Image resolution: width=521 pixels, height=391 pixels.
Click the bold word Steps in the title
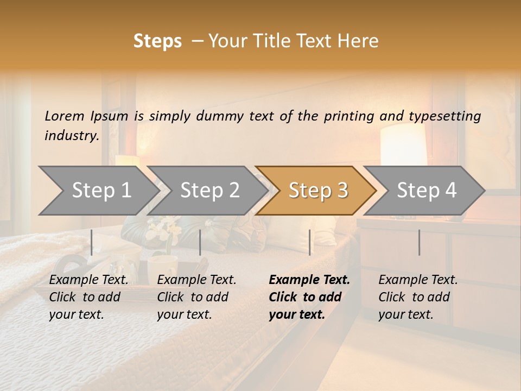(x=157, y=41)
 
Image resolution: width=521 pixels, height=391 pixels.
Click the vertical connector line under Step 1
(x=92, y=242)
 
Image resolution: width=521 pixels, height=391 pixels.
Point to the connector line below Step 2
(x=200, y=242)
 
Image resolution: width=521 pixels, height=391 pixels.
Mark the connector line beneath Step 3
(x=310, y=242)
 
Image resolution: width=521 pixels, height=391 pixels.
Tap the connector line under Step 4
(x=420, y=242)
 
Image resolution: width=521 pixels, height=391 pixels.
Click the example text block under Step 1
(x=88, y=297)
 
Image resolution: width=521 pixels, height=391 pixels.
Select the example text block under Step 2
(x=196, y=297)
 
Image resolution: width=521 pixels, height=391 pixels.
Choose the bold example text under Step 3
(x=309, y=297)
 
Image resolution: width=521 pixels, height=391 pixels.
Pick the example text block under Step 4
(x=418, y=297)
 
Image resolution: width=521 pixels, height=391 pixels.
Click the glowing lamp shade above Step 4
(x=403, y=144)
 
